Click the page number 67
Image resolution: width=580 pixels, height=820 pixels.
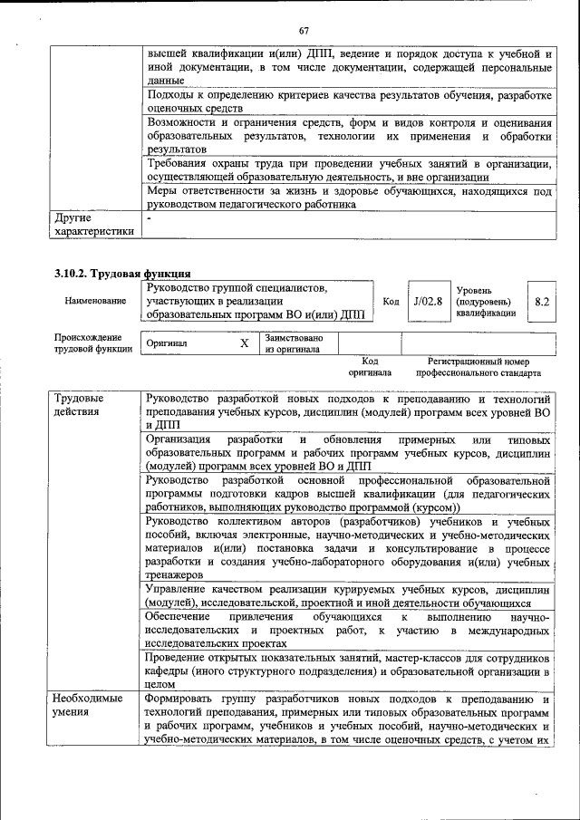pos(304,10)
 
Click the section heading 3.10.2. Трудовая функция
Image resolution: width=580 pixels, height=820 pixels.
pos(121,273)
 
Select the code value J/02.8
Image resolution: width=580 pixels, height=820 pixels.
pos(427,301)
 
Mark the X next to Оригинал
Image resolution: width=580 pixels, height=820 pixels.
pos(244,344)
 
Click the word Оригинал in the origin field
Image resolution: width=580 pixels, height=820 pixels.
pos(167,344)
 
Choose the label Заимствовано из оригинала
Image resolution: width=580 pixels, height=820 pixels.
pos(287,343)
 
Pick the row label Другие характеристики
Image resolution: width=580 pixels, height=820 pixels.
pos(94,224)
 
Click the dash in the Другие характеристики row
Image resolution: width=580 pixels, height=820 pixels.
pos(150,218)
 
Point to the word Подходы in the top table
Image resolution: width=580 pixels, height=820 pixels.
pos(169,95)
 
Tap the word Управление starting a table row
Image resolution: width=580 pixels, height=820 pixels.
pos(179,589)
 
